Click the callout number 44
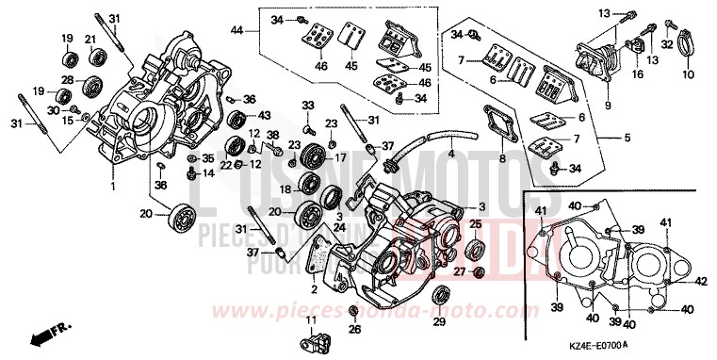(x=237, y=32)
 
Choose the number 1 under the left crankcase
(x=113, y=186)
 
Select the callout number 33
(x=308, y=104)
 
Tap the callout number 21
(x=92, y=39)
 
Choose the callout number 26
(x=354, y=330)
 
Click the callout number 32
(x=664, y=44)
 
